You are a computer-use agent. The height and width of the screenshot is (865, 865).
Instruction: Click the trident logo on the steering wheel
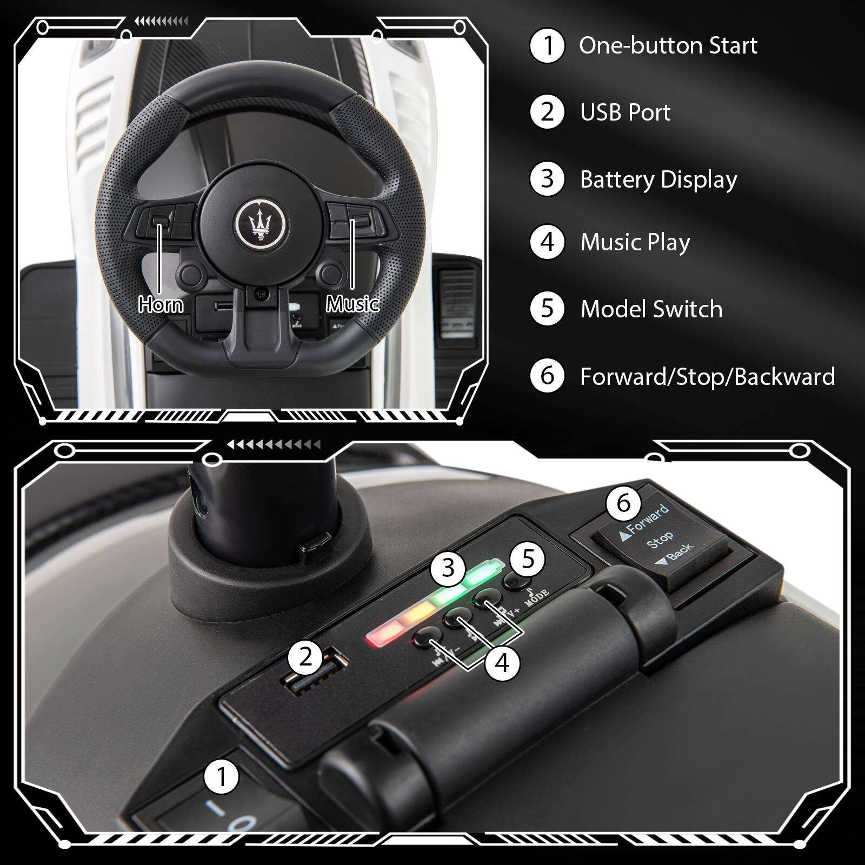[x=262, y=221]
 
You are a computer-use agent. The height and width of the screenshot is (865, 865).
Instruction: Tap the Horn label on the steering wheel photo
[x=161, y=305]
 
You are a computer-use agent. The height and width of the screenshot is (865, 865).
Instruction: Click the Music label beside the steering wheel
[x=352, y=304]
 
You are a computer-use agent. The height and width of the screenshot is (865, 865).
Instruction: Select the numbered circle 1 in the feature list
[x=547, y=46]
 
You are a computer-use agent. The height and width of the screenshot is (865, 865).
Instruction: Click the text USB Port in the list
[x=625, y=112]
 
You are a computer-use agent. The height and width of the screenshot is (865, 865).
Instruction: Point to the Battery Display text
[x=658, y=179]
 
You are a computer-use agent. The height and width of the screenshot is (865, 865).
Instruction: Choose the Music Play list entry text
[x=635, y=242]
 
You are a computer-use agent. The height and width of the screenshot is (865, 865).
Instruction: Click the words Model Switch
[x=651, y=309]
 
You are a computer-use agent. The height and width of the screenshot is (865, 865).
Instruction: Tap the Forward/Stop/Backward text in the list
[x=707, y=376]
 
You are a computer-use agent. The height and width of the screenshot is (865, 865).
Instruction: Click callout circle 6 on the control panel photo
[x=623, y=503]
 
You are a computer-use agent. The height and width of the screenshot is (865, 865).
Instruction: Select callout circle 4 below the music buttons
[x=502, y=663]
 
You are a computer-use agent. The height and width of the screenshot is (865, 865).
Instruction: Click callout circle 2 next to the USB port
[x=306, y=657]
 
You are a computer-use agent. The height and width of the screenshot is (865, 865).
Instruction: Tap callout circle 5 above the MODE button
[x=528, y=559]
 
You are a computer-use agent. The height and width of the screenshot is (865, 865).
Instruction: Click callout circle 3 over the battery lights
[x=448, y=568]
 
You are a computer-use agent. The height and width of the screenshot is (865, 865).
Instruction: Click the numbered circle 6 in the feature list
[x=547, y=376]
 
